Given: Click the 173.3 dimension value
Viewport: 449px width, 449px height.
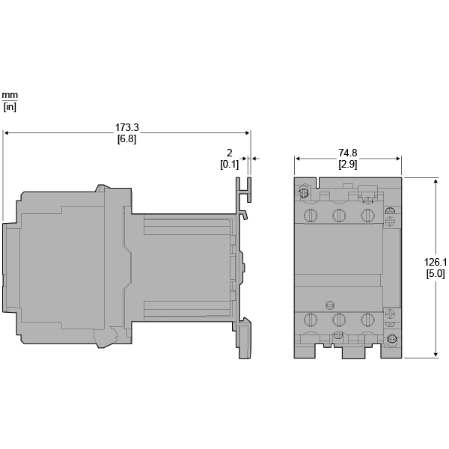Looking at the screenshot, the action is click(127, 127).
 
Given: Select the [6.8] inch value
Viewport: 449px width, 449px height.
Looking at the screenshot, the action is click(127, 139).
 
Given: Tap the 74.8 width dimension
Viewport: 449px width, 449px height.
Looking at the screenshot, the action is click(348, 153).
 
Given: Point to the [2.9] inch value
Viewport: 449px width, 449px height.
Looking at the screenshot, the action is click(348, 165).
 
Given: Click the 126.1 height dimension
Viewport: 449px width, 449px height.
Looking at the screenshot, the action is click(436, 262).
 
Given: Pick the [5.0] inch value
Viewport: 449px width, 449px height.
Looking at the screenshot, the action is click(436, 274).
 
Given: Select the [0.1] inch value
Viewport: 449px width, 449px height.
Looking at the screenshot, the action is click(230, 165).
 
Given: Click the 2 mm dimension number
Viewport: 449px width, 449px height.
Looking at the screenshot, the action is click(230, 153).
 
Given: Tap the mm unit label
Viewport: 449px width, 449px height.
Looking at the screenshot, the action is click(10, 95).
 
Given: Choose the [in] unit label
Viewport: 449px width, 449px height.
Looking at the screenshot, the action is click(10, 107).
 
